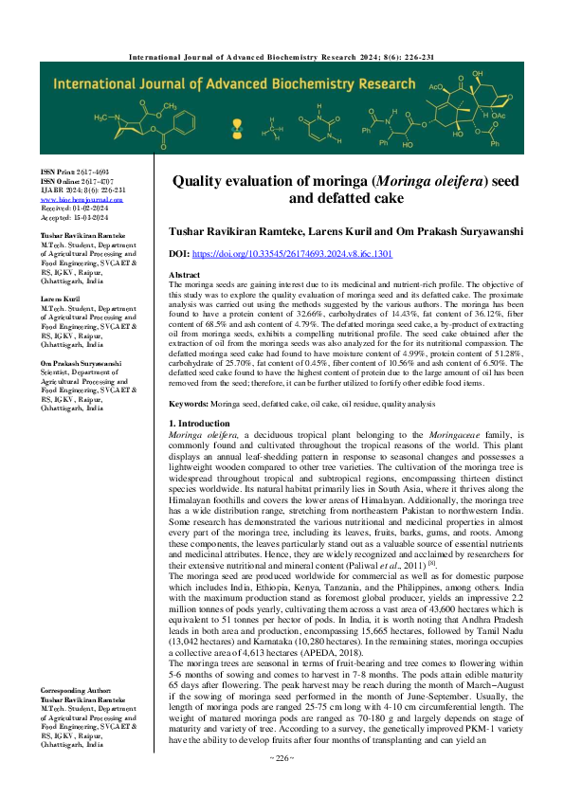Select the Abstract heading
(184, 274)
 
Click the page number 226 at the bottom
(282, 785)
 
